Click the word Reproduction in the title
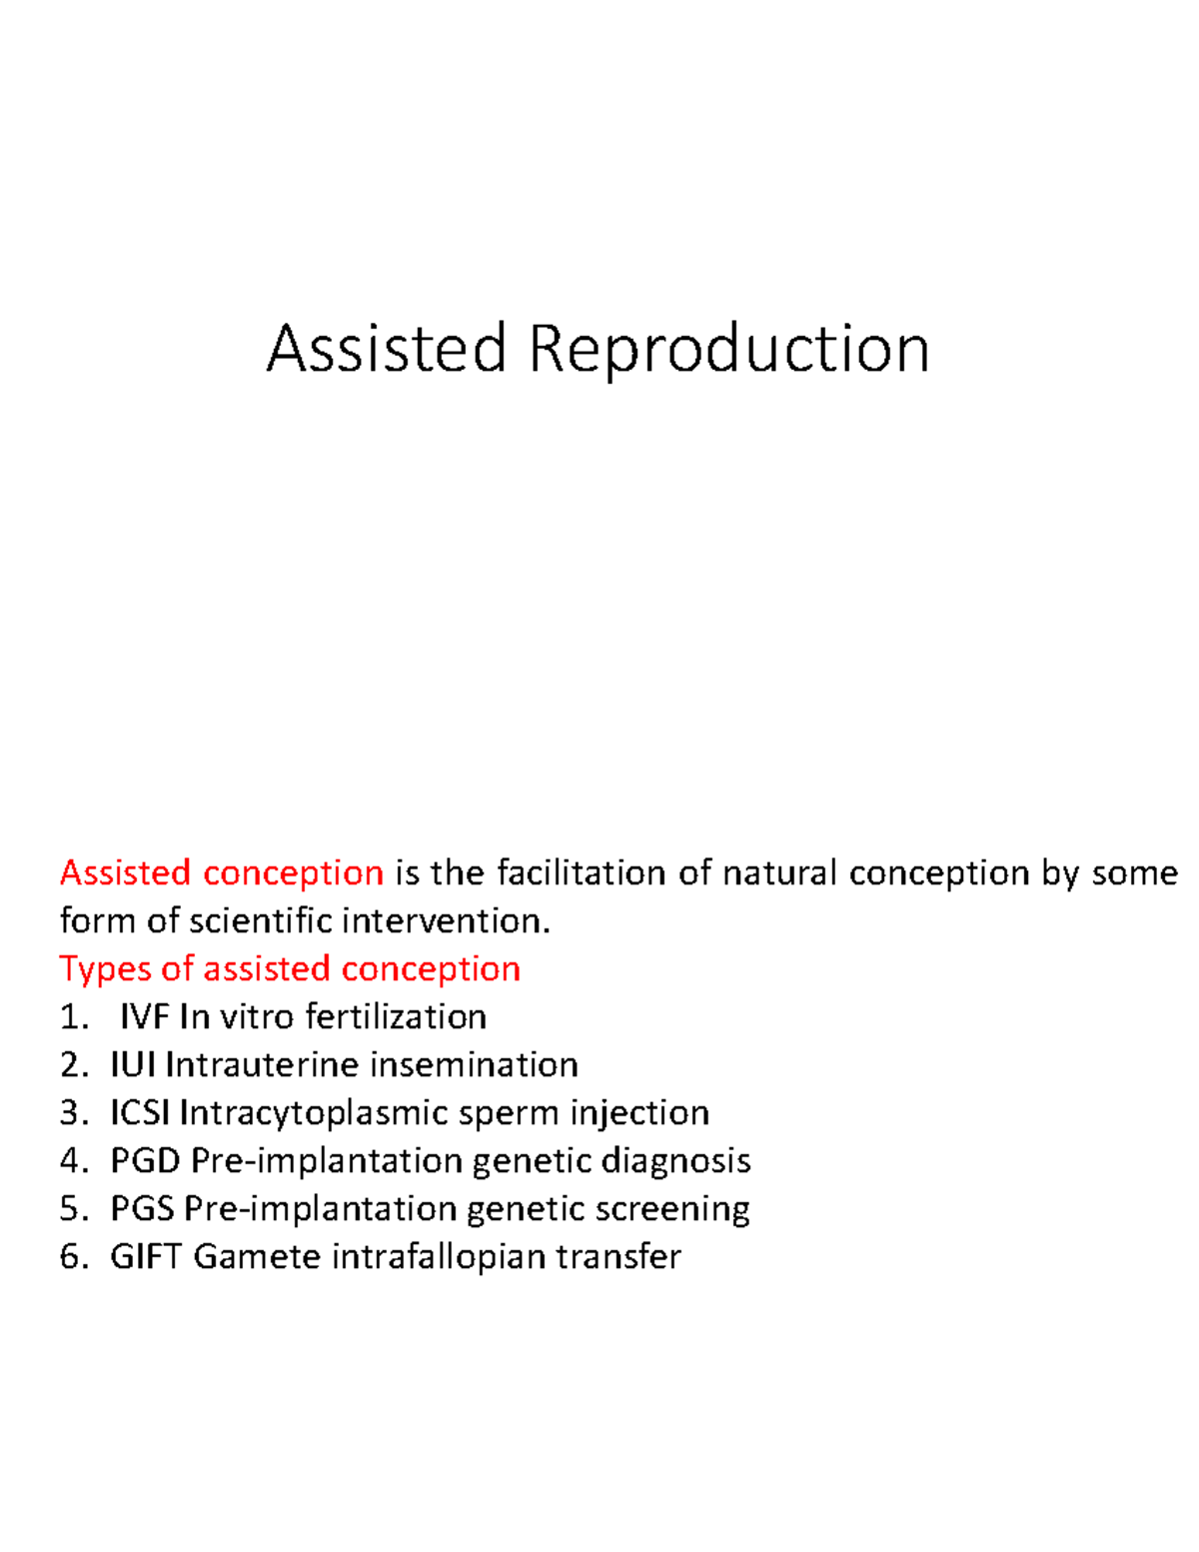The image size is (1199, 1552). [728, 350]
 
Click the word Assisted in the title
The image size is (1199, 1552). [386, 350]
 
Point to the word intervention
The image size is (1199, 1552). [446, 920]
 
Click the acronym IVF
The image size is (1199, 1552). [145, 1016]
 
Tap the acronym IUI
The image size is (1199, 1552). [132, 1064]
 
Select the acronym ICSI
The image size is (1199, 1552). [140, 1112]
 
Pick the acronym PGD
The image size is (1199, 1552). [145, 1160]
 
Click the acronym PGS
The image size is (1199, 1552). [143, 1208]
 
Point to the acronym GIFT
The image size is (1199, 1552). [146, 1256]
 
